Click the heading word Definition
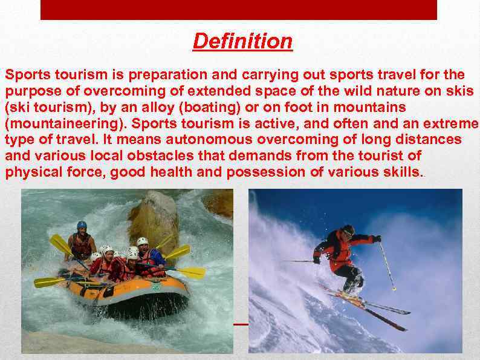pyautogui.click(x=242, y=42)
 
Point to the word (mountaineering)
pyautogui.click(x=65, y=123)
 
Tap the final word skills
pyautogui.click(x=398, y=172)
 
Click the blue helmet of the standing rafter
pyautogui.click(x=82, y=225)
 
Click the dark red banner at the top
pyautogui.click(x=238, y=10)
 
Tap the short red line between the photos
pyautogui.click(x=241, y=324)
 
